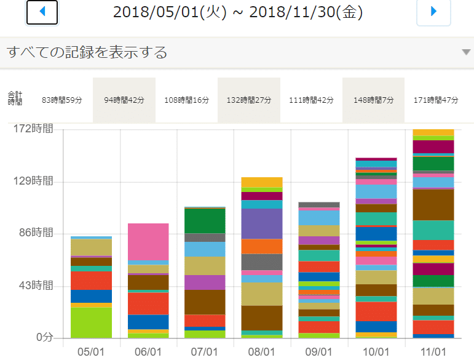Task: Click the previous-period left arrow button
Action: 42,12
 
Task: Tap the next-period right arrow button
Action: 433,12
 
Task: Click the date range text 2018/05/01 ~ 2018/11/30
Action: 237,12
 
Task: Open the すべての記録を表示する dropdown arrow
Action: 465,52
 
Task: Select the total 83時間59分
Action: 62,100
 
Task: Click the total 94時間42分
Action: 124,100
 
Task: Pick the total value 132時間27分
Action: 248,100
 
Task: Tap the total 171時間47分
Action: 436,100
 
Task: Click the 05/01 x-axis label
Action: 92,351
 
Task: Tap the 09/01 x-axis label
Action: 318,351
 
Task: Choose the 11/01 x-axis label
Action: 432,351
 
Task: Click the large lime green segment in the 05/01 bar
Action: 92,322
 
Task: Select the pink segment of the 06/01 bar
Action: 148,242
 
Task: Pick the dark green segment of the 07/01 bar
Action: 205,221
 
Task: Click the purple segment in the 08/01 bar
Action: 262,223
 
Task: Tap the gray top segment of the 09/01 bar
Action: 318,204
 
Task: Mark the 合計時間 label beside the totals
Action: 15,98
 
